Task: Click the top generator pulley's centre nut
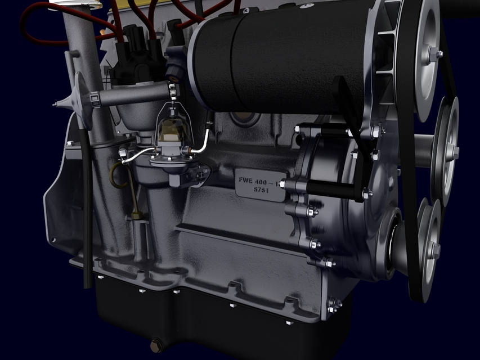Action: tap(435, 55)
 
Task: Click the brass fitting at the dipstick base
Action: tap(136, 214)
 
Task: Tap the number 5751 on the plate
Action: tap(259, 190)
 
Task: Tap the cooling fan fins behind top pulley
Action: tap(388, 51)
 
